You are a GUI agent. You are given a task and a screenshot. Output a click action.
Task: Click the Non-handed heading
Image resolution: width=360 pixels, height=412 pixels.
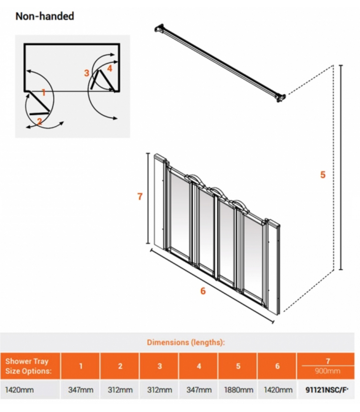pos(44,16)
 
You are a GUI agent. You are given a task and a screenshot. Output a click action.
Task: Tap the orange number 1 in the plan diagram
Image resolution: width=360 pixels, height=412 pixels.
pos(44,93)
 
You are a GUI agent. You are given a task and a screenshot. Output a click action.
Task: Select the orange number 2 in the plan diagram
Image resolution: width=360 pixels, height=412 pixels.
pos(39,121)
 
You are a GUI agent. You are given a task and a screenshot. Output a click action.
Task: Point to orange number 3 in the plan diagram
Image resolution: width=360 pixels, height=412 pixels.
pos(86,73)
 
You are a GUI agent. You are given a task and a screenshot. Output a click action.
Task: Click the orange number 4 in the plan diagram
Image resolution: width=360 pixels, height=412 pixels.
pos(110,68)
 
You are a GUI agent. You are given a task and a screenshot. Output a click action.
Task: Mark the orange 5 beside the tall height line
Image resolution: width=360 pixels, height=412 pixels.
pos(323,175)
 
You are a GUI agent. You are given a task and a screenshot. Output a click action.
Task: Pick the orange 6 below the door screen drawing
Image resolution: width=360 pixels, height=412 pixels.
pos(203,291)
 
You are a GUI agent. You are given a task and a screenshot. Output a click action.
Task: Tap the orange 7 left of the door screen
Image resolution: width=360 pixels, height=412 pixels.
pos(140,196)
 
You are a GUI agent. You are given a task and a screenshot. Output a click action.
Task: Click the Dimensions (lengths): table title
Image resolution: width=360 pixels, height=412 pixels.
pos(186,342)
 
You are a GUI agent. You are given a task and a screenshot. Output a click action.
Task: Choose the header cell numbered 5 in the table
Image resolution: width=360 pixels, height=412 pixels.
pos(238,366)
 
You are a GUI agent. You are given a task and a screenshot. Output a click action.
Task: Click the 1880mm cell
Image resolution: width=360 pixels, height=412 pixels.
pos(238,390)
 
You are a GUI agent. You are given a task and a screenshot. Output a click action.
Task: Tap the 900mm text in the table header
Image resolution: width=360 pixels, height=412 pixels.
pos(327,371)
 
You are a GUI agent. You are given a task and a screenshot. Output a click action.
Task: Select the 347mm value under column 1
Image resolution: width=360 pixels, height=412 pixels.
pos(81,390)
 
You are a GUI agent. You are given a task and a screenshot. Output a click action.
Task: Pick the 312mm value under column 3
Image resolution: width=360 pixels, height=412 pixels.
pos(160,390)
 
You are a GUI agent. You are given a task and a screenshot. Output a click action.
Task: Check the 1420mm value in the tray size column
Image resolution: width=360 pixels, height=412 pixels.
pos(19,390)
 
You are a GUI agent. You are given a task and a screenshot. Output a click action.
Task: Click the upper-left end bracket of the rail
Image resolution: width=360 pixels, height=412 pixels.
pos(160,29)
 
